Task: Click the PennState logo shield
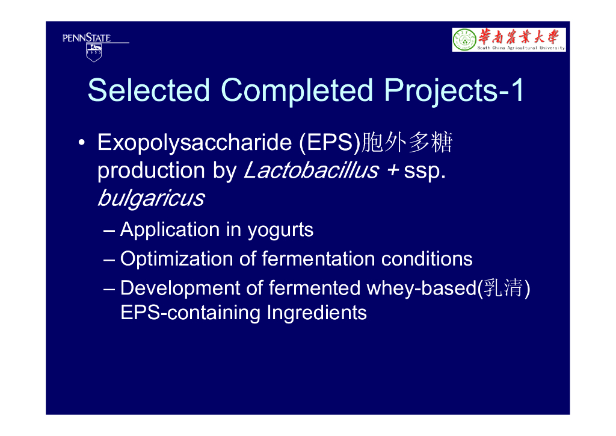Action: click(94, 52)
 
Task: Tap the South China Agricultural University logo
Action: click(509, 39)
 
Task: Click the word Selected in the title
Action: click(149, 90)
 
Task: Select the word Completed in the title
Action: click(297, 90)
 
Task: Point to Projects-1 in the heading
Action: click(454, 91)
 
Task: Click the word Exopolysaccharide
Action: click(195, 142)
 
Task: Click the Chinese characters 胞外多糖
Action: click(407, 142)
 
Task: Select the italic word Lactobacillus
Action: click(312, 170)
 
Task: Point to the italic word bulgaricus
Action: click(152, 198)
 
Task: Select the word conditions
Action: click(427, 259)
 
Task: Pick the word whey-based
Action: click(422, 288)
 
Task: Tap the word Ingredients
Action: click(316, 313)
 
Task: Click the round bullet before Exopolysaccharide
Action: click(81, 142)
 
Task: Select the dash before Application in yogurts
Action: click(109, 231)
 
